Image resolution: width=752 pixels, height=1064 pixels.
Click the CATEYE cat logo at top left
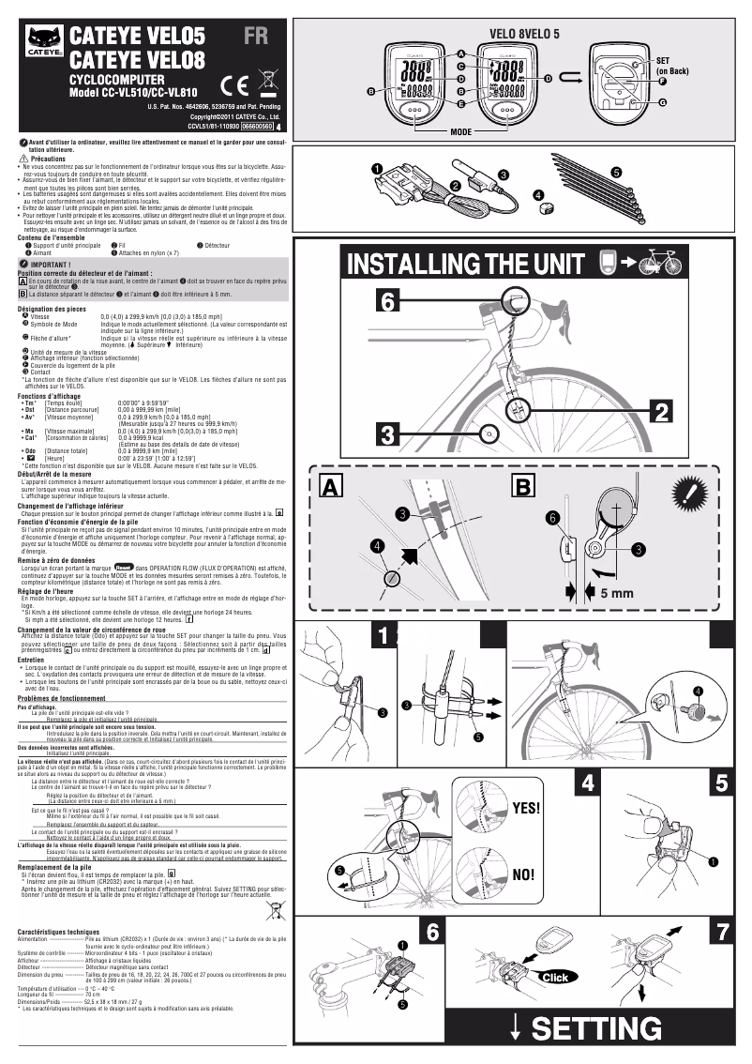click(x=43, y=40)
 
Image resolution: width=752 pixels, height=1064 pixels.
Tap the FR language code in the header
click(x=257, y=38)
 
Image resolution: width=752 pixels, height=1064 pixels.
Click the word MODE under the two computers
click(x=460, y=132)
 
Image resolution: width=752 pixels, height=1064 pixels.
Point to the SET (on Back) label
click(x=671, y=65)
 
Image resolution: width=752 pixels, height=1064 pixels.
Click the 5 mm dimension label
click(x=616, y=594)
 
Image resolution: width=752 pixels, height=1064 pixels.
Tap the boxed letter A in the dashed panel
click(x=330, y=486)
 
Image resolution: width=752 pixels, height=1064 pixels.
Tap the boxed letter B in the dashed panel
click(x=524, y=486)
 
